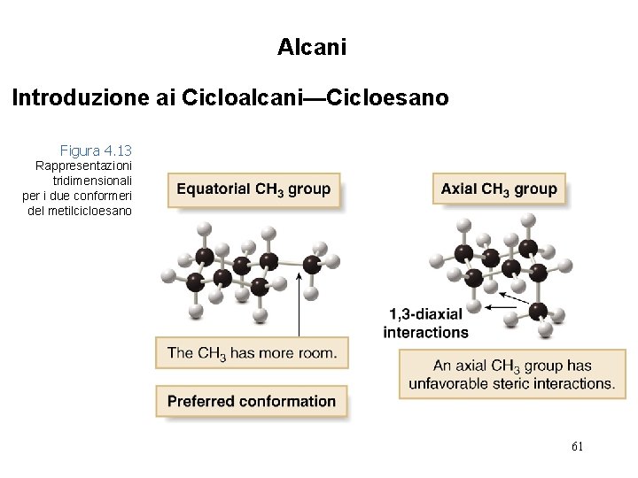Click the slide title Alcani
[x=311, y=47]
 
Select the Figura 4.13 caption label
[x=96, y=150]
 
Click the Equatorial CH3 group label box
[x=253, y=189]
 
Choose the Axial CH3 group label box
[x=499, y=189]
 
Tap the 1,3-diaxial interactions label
[x=425, y=322]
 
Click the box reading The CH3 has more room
[x=252, y=352]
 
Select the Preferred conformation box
[x=252, y=401]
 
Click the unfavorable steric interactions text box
[x=511, y=374]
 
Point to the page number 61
[x=577, y=447]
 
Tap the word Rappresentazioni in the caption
[x=82, y=166]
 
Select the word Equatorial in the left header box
[x=214, y=189]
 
